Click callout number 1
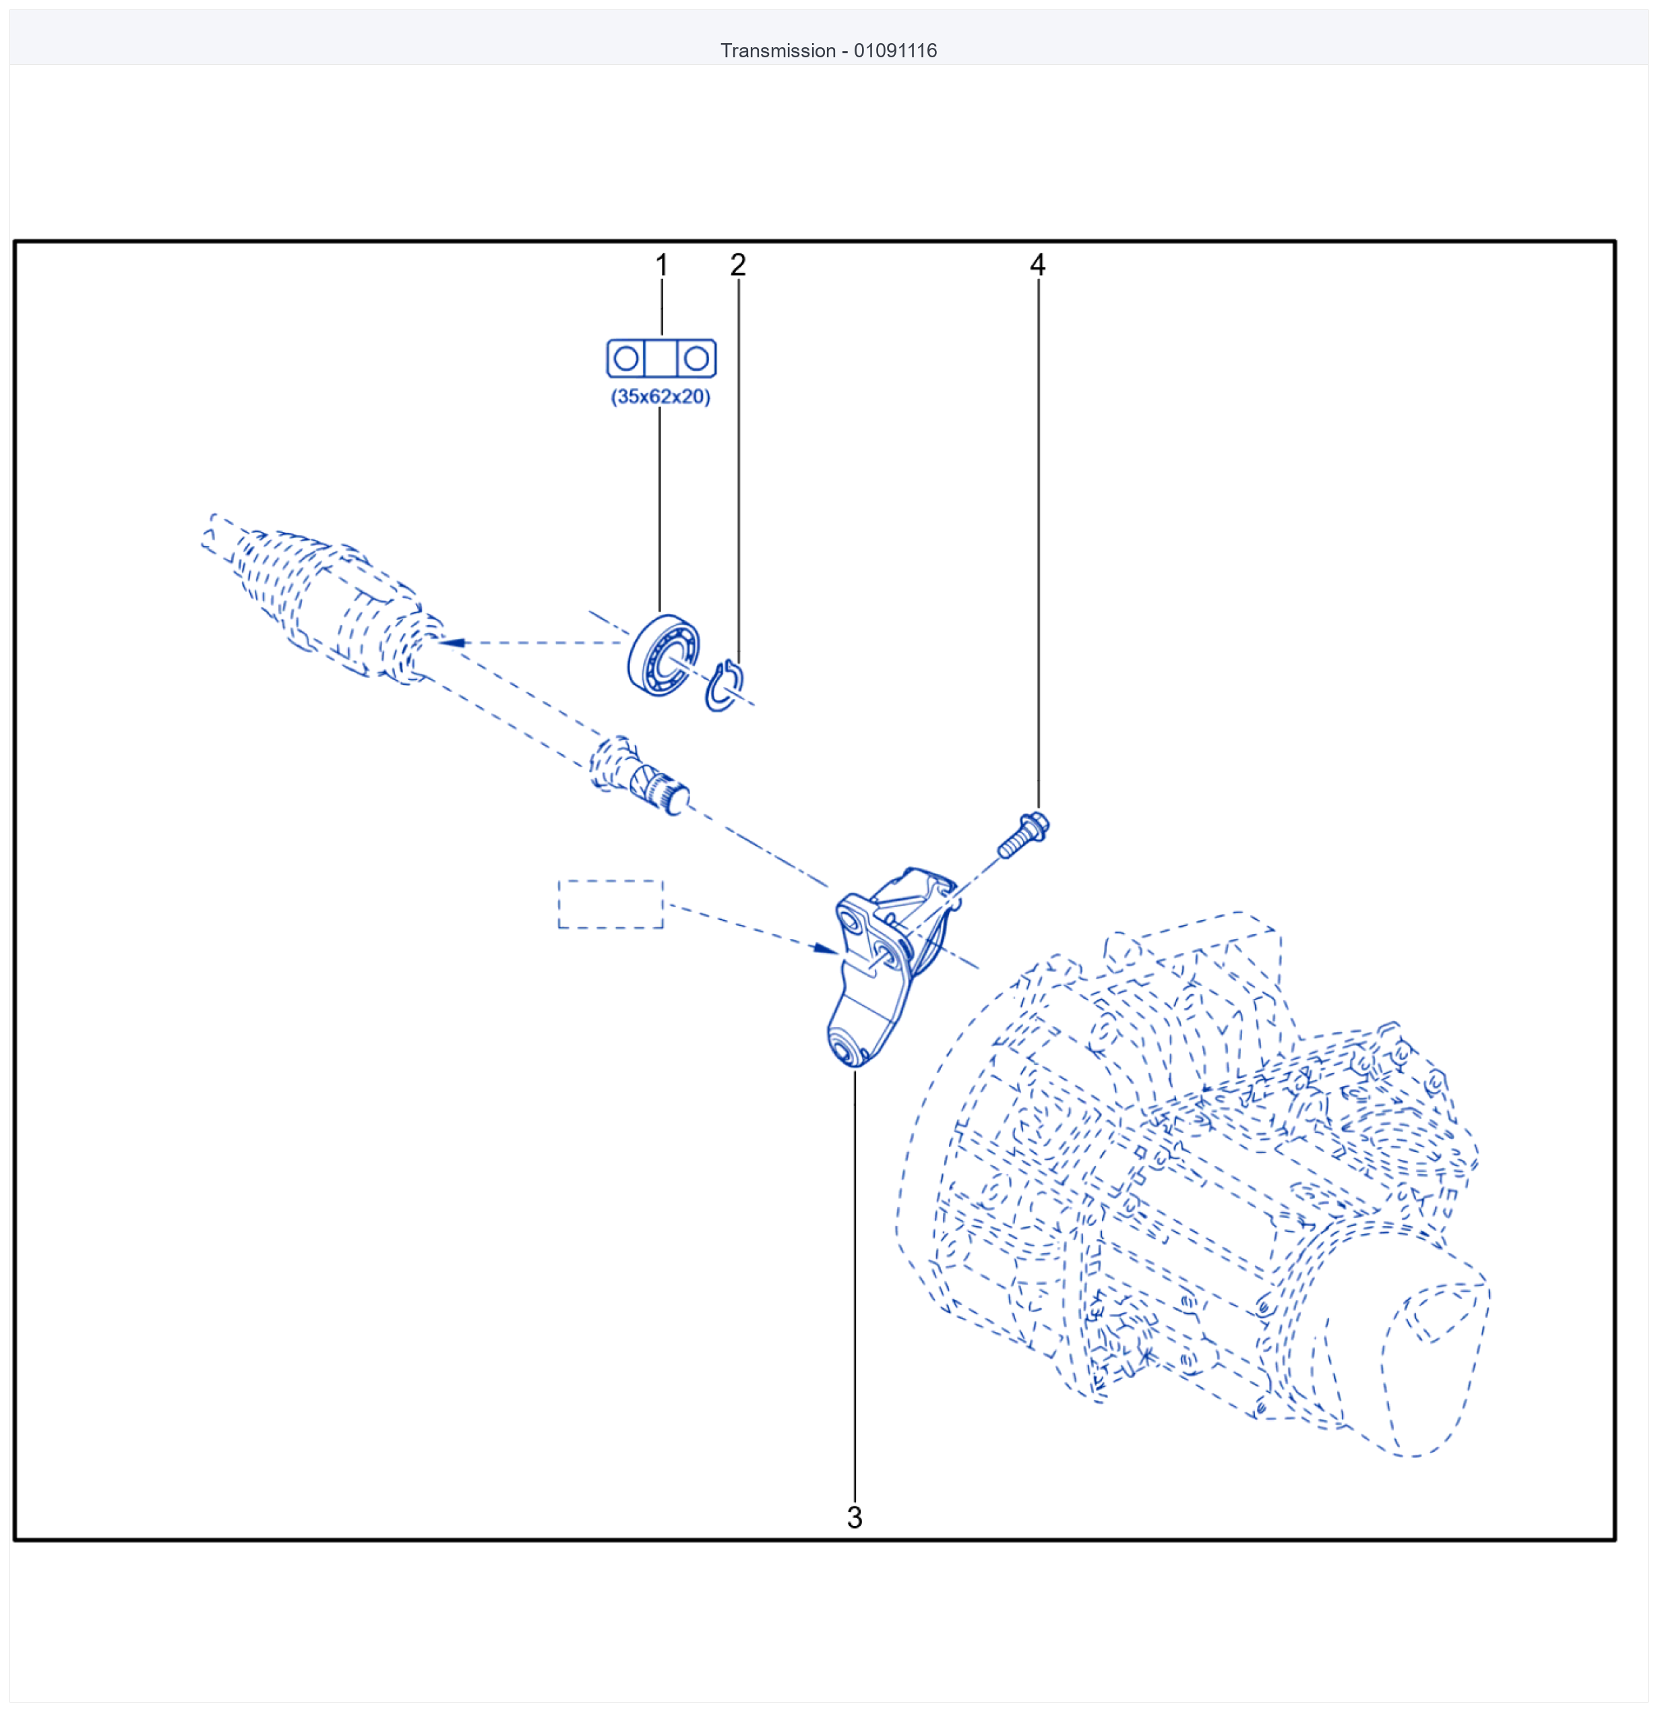[x=661, y=265]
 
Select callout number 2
[x=738, y=265]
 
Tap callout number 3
[x=855, y=1517]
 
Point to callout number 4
[x=1038, y=265]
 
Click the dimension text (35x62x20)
[x=661, y=396]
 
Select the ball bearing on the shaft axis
[x=664, y=655]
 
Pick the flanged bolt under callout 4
[x=1023, y=835]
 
